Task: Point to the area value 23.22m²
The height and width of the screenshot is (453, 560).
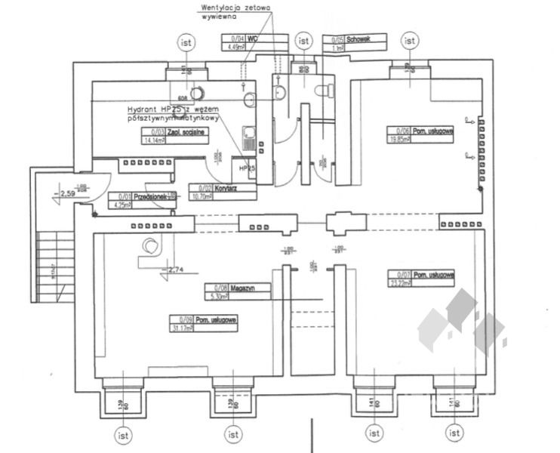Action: [x=400, y=284]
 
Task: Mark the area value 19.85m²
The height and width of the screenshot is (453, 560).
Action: [x=400, y=140]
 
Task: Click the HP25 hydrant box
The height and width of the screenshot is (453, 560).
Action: [x=245, y=168]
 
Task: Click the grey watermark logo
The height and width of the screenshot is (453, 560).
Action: [x=462, y=323]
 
